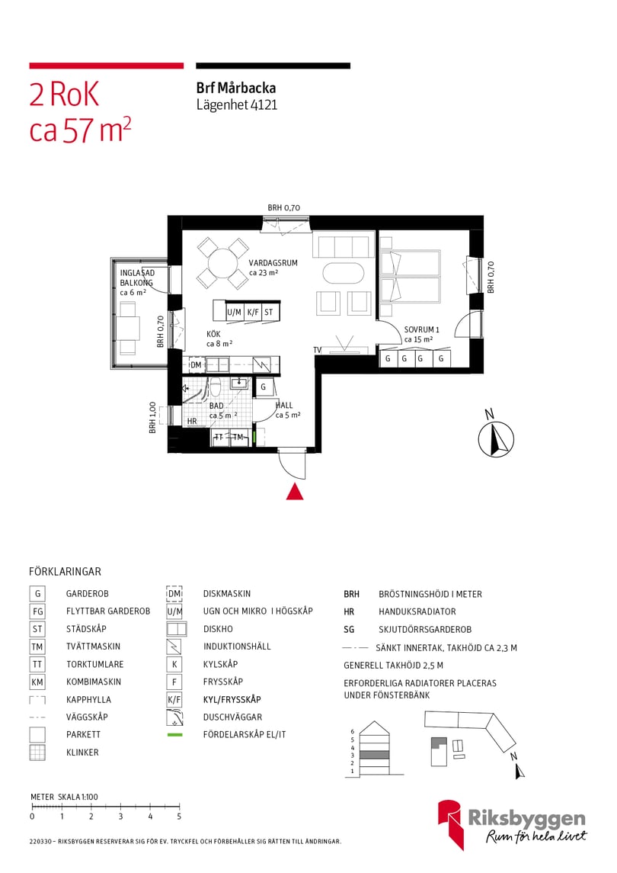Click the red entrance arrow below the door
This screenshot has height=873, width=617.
[295, 493]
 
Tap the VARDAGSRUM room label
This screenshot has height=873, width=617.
[273, 262]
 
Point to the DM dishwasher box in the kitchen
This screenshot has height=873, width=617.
[196, 365]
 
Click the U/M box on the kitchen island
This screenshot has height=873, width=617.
[234, 312]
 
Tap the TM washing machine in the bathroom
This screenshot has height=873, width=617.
[238, 437]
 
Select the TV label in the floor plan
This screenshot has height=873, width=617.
[318, 350]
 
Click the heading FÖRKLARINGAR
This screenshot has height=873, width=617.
[65, 571]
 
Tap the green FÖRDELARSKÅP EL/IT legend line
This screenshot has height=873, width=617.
[175, 735]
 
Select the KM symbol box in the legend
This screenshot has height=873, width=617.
[37, 682]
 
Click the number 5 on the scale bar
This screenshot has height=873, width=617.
[179, 817]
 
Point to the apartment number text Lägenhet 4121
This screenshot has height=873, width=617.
[237, 105]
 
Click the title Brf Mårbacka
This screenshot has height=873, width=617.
[236, 88]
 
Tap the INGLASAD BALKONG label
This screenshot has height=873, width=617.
[137, 278]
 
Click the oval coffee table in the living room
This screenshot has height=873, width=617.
[344, 273]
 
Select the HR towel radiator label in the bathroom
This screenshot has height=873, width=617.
[192, 421]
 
